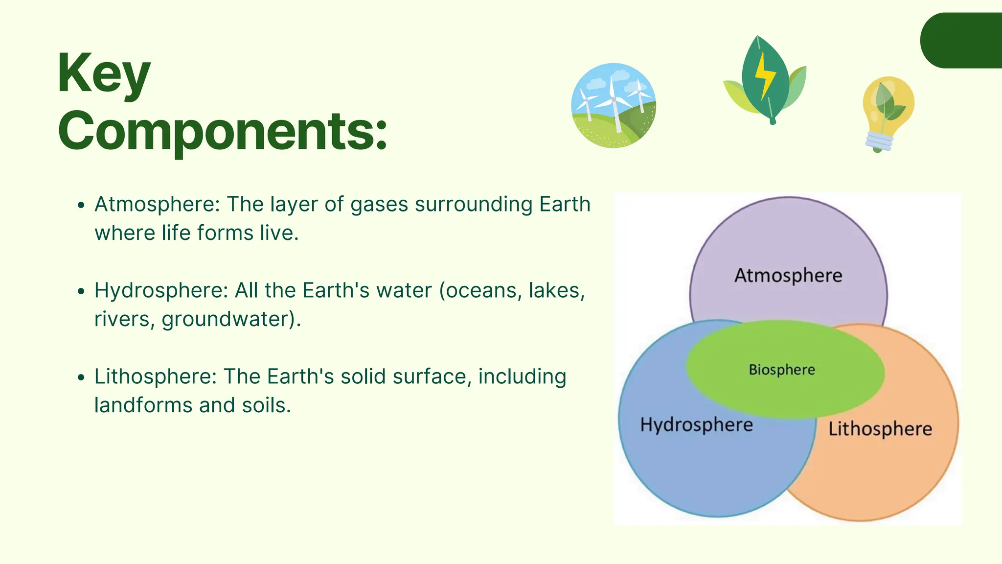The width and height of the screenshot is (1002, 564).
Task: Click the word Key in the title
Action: click(x=103, y=74)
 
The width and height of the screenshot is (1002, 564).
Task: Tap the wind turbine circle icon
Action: click(x=614, y=105)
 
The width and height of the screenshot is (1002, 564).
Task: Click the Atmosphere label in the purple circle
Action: click(x=788, y=275)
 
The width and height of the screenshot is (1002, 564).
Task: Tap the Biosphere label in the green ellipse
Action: click(x=782, y=370)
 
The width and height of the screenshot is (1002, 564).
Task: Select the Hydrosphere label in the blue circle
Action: click(x=696, y=424)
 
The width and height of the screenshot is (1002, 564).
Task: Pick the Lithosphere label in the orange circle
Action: click(x=880, y=429)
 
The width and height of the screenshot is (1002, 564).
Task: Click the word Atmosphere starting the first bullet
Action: click(x=157, y=204)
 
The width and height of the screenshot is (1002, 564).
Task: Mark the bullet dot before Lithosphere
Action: click(x=81, y=377)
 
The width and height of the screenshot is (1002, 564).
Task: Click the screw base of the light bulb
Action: click(x=879, y=141)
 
